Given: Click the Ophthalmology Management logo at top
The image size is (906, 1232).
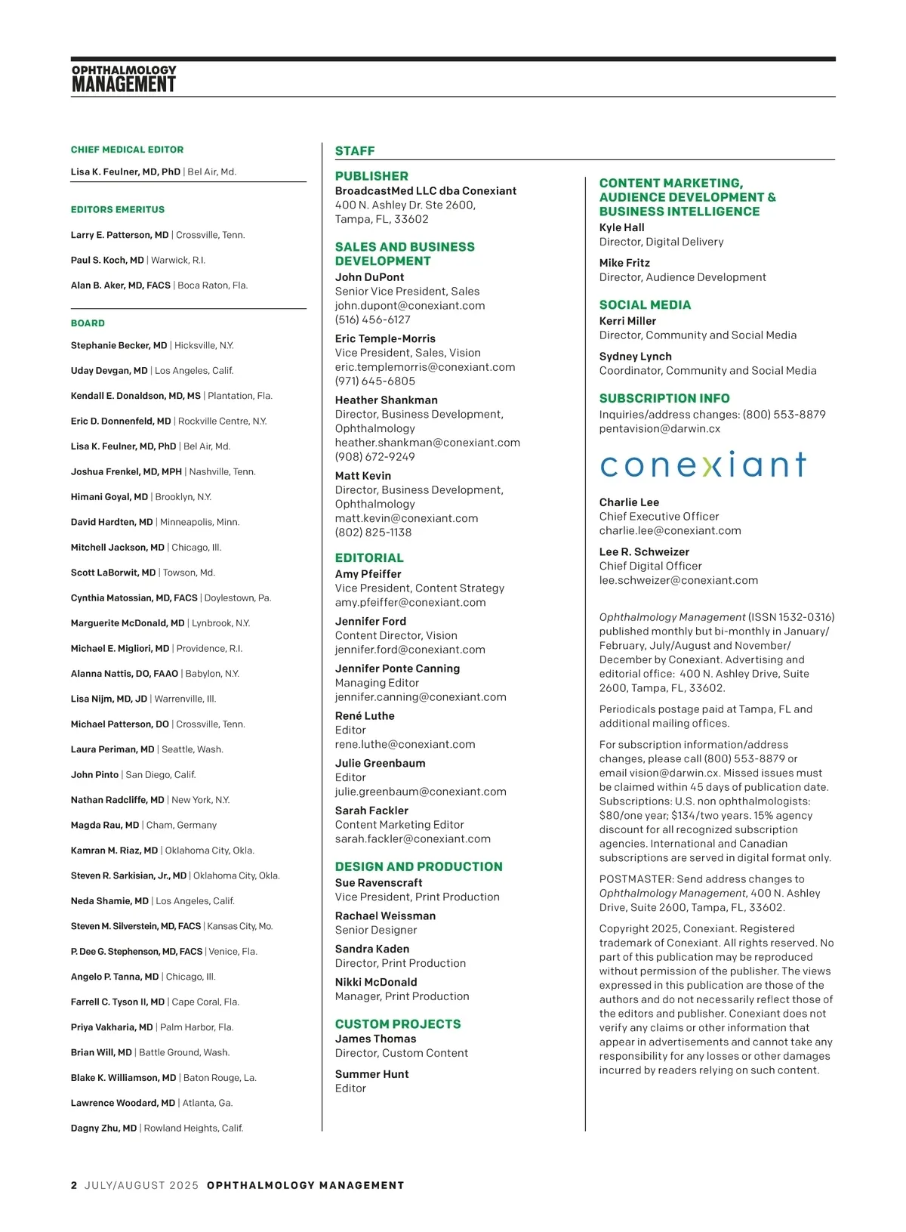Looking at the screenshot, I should (x=124, y=79).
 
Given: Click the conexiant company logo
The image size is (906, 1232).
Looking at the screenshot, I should (x=703, y=465).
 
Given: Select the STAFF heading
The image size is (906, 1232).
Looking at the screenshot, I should (x=355, y=151).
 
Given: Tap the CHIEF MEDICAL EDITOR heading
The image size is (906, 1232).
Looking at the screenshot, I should (x=127, y=150).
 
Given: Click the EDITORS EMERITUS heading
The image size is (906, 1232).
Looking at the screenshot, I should (x=117, y=209).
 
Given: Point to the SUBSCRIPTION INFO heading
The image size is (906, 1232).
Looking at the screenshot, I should (x=664, y=398).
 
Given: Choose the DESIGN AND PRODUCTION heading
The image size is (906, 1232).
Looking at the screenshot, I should (x=418, y=866).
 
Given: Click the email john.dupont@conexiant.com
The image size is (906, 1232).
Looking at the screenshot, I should (x=410, y=305).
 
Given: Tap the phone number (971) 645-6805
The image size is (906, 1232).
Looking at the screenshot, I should (x=375, y=381).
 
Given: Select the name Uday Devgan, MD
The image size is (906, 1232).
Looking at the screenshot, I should (x=109, y=371).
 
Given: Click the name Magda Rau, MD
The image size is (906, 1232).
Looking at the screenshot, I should (x=105, y=825).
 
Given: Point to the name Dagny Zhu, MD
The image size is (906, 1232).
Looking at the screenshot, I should (x=103, y=1128).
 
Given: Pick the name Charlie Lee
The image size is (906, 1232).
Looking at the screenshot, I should (x=629, y=502).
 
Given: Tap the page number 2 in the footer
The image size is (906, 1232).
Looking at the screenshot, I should (x=74, y=1185).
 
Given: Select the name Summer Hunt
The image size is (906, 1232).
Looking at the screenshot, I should (x=371, y=1074).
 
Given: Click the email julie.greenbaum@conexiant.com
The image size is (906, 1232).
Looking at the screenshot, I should (x=421, y=792).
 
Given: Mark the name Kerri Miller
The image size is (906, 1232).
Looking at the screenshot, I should (x=627, y=321).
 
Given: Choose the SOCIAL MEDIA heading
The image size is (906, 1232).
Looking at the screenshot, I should (x=645, y=305).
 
